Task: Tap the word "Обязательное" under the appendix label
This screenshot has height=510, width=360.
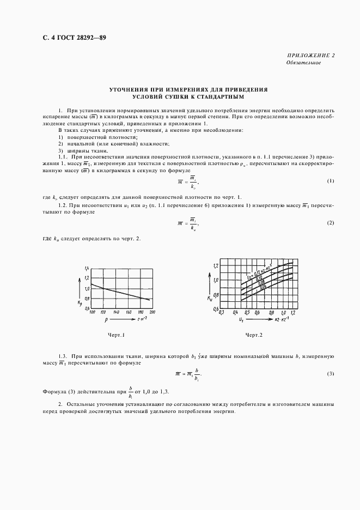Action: pos(303,63)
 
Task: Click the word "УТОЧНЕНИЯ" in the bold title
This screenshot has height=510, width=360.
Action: pos(131,89)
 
